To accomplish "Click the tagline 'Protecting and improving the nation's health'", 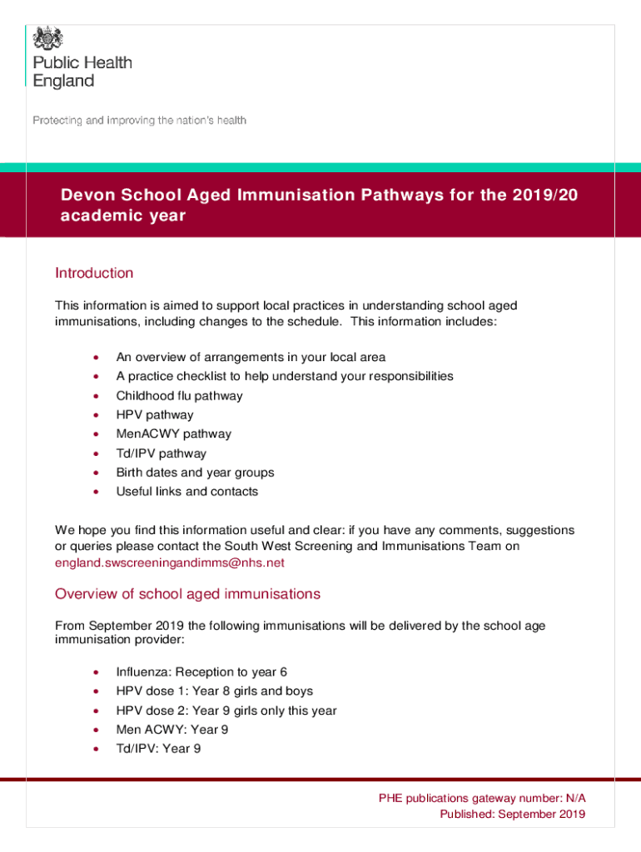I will (139, 121).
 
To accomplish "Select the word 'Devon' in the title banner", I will (87, 196).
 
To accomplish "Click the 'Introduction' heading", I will (93, 273).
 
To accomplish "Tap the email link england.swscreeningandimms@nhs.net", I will (169, 562).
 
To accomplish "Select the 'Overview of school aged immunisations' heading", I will (187, 594).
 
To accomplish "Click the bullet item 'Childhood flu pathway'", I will (179, 396).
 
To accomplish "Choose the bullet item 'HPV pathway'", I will (154, 415).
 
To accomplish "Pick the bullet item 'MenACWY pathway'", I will (173, 434).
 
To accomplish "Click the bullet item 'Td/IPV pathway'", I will (161, 453).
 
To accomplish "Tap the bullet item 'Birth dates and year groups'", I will (195, 473).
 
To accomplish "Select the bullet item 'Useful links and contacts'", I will (186, 492).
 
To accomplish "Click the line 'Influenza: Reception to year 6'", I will (201, 672).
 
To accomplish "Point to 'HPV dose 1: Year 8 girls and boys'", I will (214, 691).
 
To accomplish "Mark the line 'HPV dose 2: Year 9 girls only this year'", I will (226, 711).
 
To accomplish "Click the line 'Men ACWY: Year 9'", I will (171, 730).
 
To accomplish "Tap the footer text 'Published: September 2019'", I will (512, 814).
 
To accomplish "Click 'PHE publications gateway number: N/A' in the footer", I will (482, 798).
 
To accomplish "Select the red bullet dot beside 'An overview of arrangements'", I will (98, 358).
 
